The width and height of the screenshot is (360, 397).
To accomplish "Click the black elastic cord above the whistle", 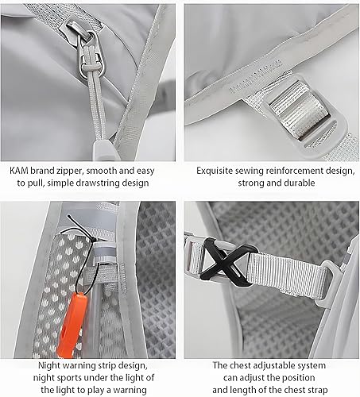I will (x=76, y=233).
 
